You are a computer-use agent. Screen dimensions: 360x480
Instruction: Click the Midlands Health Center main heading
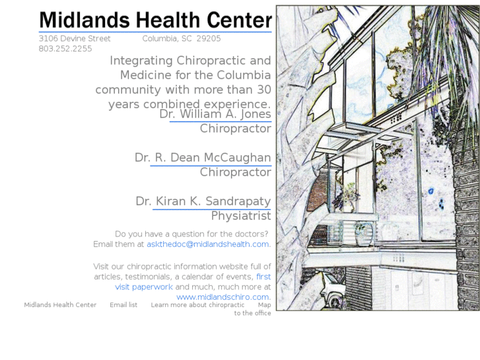click(155, 20)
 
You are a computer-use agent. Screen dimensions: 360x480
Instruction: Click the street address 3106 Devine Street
click(75, 38)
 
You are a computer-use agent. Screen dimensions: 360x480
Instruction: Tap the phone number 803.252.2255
click(65, 49)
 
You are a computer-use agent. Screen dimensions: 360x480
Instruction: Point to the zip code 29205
click(209, 38)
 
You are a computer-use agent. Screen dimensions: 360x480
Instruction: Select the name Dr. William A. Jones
click(215, 114)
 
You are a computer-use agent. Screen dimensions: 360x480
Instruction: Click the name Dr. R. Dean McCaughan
click(203, 158)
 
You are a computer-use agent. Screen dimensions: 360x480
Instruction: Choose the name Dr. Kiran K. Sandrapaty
click(203, 201)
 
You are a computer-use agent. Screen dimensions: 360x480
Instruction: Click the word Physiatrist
click(241, 216)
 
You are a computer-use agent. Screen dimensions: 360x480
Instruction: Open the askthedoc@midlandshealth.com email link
click(208, 244)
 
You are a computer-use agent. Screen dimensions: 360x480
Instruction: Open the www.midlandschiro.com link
click(223, 297)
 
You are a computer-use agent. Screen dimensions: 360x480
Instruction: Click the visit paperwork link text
click(144, 287)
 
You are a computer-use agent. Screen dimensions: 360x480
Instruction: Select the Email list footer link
click(123, 305)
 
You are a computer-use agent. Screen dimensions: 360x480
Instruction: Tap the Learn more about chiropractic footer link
click(197, 305)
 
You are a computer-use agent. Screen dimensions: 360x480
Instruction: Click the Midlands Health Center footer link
click(60, 305)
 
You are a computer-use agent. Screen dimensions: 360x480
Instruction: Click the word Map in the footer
click(264, 305)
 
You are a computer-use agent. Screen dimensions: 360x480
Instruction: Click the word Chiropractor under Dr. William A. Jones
click(236, 129)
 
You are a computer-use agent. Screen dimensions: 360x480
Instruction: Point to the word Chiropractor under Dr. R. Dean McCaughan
click(236, 172)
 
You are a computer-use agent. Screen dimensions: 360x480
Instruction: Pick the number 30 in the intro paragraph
click(263, 90)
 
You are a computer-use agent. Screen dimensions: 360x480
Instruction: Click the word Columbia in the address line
click(159, 38)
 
